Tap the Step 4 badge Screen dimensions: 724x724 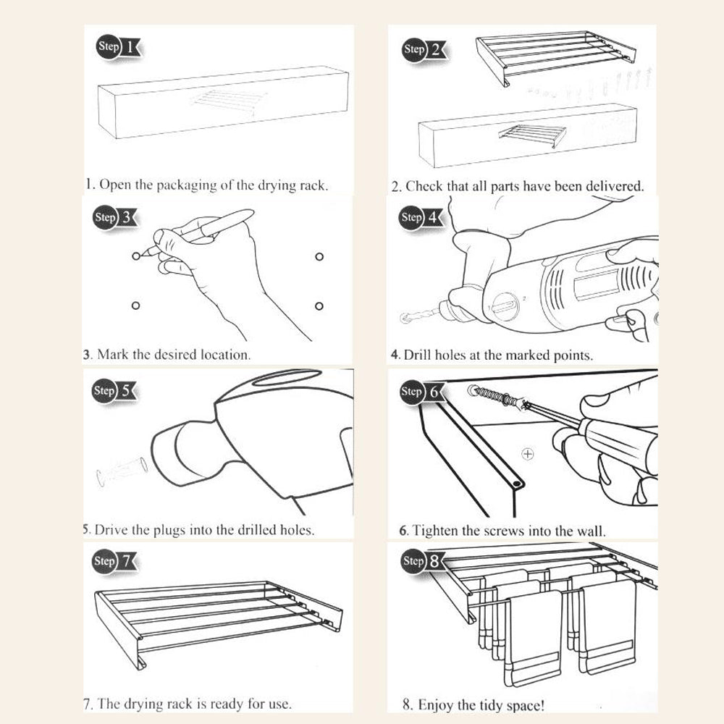tap(420, 217)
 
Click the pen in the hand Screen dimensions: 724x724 tap(217, 224)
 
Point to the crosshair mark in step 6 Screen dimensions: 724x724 tap(528, 454)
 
